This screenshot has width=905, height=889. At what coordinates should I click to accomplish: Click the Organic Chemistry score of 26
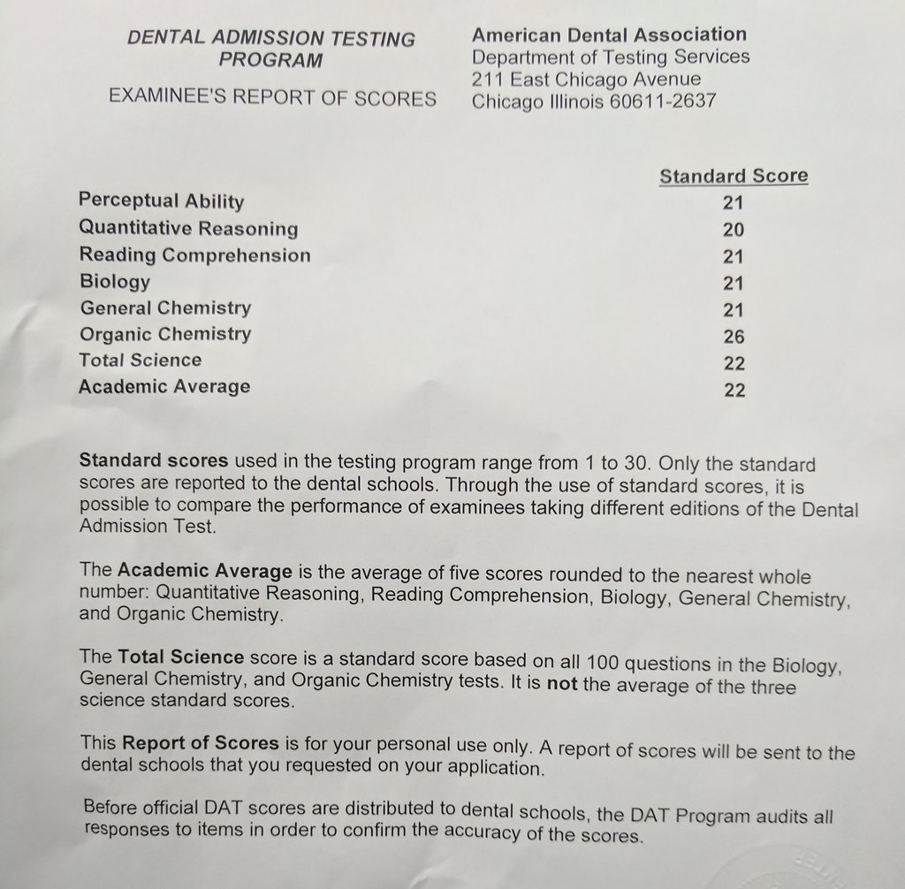click(734, 337)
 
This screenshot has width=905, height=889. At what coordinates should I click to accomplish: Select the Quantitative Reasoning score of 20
click(734, 231)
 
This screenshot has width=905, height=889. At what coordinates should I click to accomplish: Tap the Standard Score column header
click(734, 176)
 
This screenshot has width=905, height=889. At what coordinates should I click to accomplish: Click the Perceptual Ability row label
click(161, 201)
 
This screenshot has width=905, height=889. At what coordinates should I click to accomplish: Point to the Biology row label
click(115, 282)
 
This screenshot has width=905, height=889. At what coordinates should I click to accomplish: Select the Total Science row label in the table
click(140, 361)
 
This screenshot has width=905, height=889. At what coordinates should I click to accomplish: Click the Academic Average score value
click(734, 390)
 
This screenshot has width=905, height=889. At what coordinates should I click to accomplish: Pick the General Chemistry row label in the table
click(165, 308)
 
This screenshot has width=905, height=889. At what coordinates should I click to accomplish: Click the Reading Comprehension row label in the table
click(194, 255)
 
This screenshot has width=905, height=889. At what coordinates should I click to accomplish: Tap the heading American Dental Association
click(609, 35)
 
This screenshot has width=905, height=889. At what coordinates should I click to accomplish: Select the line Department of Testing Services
click(611, 57)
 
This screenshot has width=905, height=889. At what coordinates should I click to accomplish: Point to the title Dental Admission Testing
click(271, 39)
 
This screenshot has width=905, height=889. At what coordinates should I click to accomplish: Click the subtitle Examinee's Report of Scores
click(272, 98)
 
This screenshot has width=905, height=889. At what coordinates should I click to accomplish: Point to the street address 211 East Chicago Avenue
click(587, 80)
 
